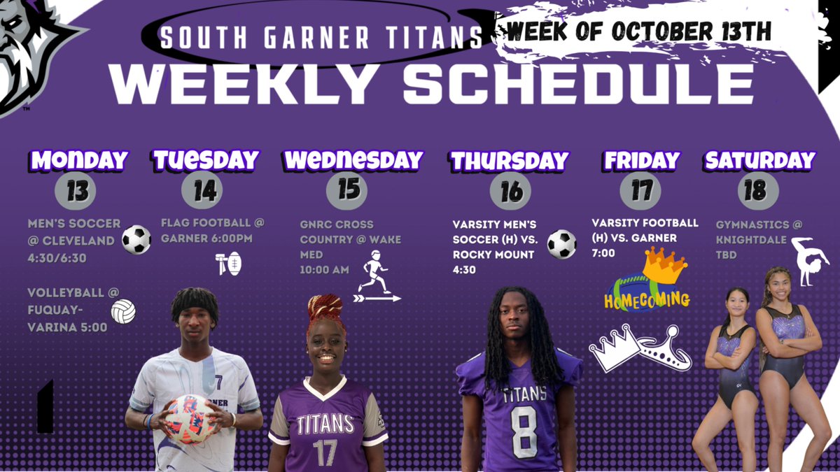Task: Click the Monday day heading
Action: [79, 160]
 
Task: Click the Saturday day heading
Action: [759, 160]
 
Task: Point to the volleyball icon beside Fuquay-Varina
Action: [123, 311]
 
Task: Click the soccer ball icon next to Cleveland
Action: [136, 240]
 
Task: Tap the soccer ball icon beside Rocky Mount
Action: [561, 244]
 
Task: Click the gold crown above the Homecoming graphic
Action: [665, 265]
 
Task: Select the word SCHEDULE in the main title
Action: [578, 84]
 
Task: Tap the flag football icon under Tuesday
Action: [229, 264]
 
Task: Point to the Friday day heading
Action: [642, 160]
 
